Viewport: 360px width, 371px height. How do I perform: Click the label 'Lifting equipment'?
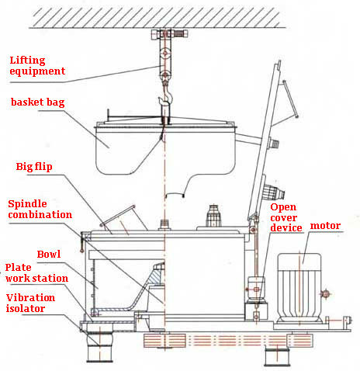coord(37,66)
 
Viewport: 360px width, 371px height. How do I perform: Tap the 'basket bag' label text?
coord(37,102)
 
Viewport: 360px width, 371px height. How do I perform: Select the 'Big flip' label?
coord(34,167)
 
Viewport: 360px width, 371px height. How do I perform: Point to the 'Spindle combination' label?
coord(40,209)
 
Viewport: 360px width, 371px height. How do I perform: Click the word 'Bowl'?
coord(49,254)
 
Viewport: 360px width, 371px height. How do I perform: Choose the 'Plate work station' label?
coord(36,273)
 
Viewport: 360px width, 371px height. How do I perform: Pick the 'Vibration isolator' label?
coord(30,303)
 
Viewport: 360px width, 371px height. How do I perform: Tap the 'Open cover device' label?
coord(286,217)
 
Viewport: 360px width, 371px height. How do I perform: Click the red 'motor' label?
coord(325,226)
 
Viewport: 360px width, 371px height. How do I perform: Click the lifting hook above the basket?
coord(166,95)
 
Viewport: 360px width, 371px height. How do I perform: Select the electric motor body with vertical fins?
coord(299,288)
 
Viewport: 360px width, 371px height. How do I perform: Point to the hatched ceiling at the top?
coord(157,17)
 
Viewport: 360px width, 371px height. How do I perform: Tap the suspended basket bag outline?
coord(165,150)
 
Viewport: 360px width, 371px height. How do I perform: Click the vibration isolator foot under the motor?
coord(277,356)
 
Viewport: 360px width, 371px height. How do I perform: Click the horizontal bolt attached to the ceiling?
coord(169,33)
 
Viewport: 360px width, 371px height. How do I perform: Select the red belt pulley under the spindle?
coord(164,340)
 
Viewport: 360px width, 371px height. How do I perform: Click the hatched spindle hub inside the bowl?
coord(157,275)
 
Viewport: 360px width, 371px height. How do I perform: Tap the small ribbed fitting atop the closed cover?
coord(213,216)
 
